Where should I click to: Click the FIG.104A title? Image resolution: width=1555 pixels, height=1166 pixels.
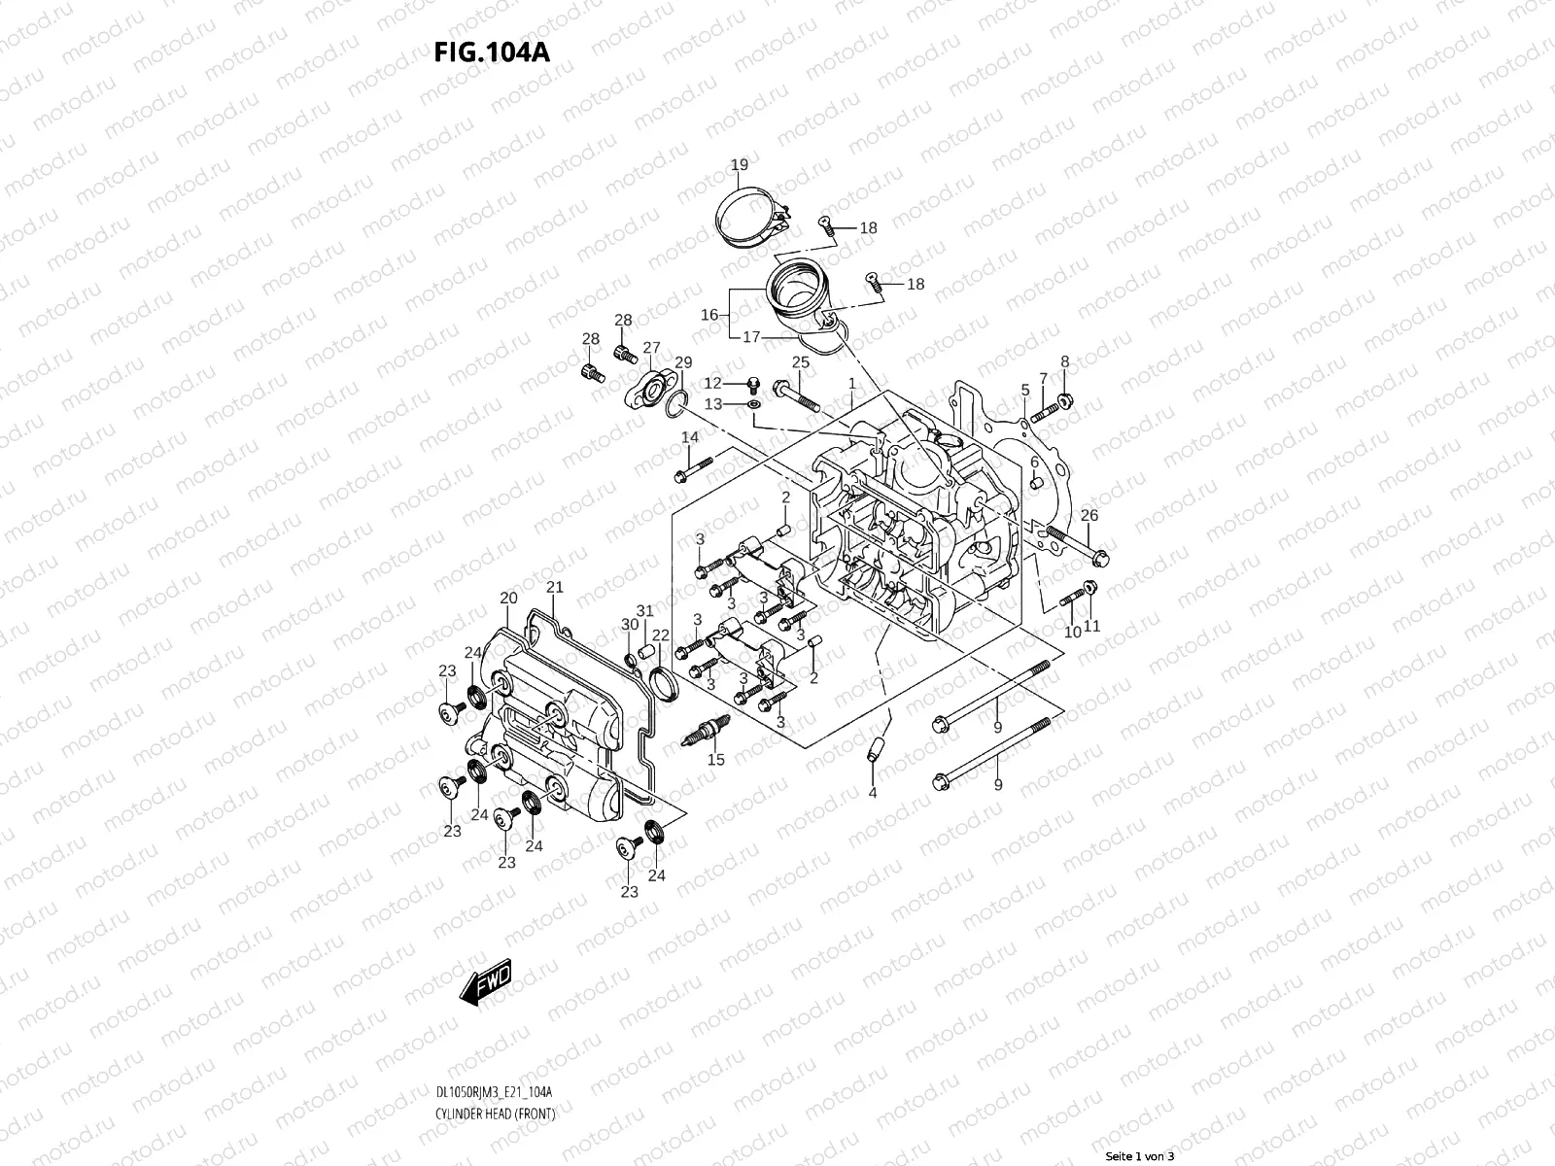(x=491, y=51)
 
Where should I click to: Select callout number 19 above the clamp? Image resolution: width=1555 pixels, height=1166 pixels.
(x=739, y=164)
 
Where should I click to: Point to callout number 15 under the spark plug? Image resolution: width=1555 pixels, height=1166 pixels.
(x=716, y=760)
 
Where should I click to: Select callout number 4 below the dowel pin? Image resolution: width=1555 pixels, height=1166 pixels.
(x=872, y=793)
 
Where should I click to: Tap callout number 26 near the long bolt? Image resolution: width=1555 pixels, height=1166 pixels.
(x=1089, y=515)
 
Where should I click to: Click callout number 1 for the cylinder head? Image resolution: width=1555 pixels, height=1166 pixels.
(x=851, y=384)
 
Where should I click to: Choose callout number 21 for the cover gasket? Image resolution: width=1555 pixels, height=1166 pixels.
(x=555, y=587)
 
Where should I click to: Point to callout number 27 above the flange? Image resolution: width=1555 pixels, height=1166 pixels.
(x=651, y=347)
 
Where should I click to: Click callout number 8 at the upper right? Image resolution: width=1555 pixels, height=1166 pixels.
(x=1064, y=361)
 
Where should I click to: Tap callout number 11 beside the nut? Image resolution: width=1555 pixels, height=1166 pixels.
(x=1091, y=627)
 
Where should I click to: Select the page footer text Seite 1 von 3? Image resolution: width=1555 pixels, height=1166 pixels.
(x=1141, y=1156)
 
